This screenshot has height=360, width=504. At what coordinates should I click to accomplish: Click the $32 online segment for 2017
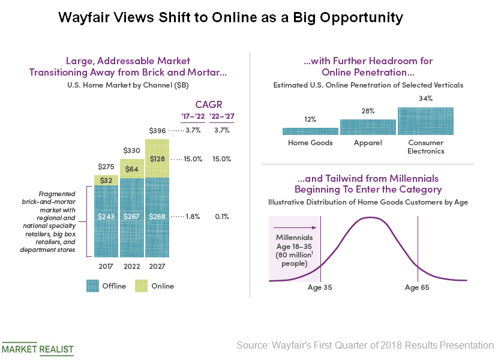[106, 180]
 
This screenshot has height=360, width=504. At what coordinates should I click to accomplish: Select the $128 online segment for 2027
[157, 158]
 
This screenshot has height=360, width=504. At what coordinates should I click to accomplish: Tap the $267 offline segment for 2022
[132, 217]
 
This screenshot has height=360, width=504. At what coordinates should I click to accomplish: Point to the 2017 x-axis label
[106, 266]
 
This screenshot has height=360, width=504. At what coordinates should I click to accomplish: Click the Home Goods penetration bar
[310, 131]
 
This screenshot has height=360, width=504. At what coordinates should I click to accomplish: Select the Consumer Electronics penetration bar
[425, 121]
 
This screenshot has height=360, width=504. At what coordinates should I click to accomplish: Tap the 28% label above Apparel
[368, 111]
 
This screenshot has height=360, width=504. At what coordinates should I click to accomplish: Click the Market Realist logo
[37, 349]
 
